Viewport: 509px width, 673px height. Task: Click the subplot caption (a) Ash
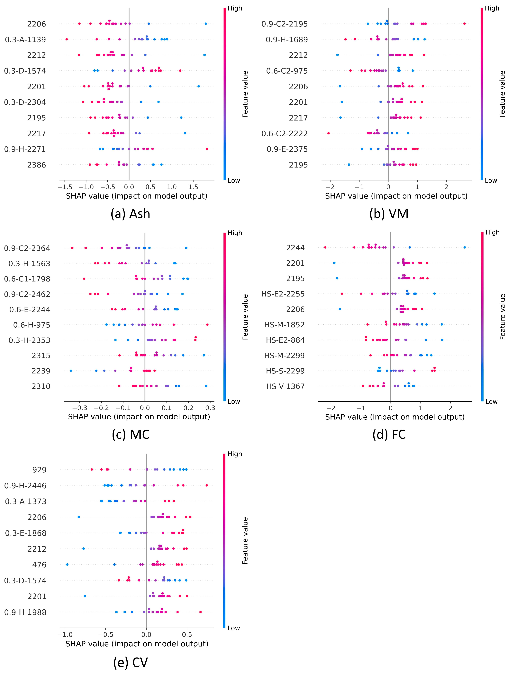tap(130, 214)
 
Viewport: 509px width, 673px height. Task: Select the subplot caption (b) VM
tap(389, 214)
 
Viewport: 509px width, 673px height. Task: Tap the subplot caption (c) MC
tap(130, 434)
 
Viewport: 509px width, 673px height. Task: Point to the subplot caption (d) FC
tap(389, 434)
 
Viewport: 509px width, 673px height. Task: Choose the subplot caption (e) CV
tap(130, 663)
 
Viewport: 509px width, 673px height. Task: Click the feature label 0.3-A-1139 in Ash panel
tap(25, 40)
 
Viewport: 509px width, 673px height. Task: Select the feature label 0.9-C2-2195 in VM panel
tap(284, 24)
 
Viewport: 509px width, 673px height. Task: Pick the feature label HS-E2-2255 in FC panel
tap(283, 294)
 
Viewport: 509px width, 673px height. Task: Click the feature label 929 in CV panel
tap(40, 470)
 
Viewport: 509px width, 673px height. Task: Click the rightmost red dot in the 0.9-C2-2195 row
tap(464, 23)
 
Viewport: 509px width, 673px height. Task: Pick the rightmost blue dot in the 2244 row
tap(465, 247)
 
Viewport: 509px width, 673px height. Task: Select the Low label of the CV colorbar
tap(234, 628)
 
